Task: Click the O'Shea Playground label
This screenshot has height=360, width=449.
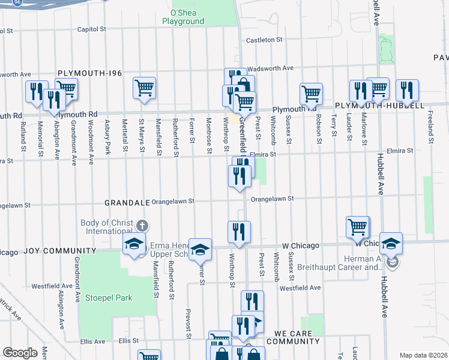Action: click(183, 17)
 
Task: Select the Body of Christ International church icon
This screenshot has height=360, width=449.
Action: click(142, 226)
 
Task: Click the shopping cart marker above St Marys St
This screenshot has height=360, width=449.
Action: click(145, 88)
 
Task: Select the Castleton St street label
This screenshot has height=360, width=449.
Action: click(265, 40)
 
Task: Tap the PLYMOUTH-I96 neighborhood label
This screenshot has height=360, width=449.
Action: click(89, 73)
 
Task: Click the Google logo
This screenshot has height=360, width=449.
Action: click(20, 353)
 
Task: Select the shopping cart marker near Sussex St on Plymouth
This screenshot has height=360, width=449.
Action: click(311, 94)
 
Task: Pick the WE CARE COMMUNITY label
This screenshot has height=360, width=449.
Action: click(297, 337)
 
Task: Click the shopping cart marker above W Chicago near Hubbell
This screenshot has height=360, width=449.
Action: click(358, 227)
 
